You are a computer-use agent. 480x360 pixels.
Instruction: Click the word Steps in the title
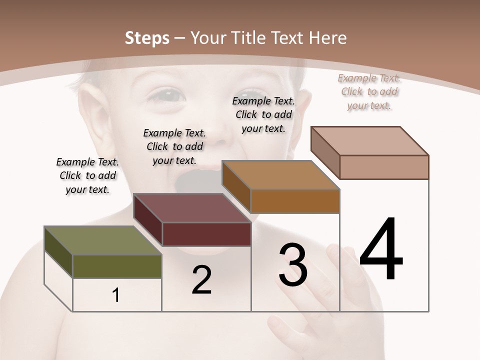click(x=147, y=38)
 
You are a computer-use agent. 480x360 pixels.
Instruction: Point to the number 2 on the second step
click(x=201, y=279)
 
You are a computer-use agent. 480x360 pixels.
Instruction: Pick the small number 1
click(x=116, y=295)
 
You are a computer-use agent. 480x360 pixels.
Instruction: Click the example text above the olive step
click(x=87, y=175)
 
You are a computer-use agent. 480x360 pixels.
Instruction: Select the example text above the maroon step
click(x=174, y=146)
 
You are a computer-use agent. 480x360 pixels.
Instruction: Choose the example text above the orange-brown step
click(x=263, y=114)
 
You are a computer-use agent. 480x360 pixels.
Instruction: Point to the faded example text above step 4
click(x=369, y=91)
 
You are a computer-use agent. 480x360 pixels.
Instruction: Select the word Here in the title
click(x=327, y=38)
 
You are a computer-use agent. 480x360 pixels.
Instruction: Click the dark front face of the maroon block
click(x=206, y=234)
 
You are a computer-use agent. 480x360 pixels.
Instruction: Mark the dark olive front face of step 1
click(x=117, y=266)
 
